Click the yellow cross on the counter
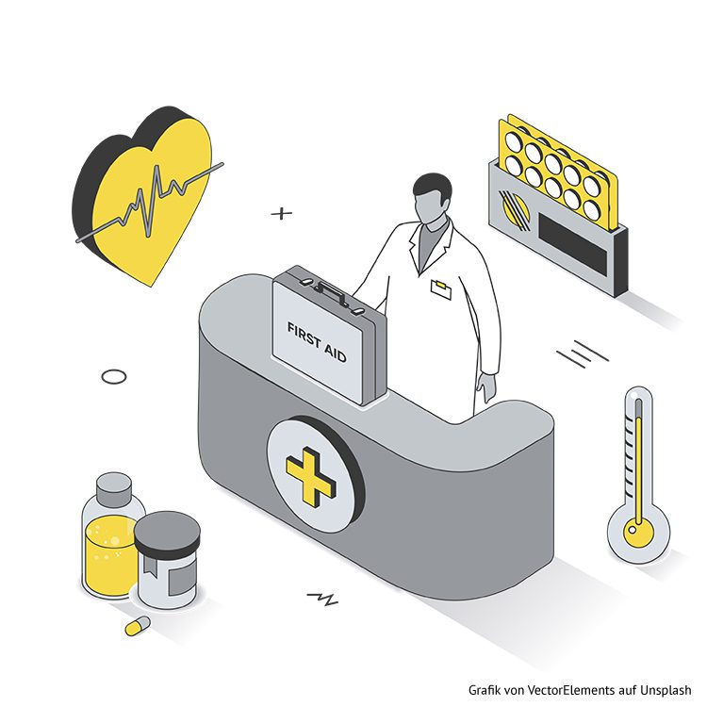coord(311,476)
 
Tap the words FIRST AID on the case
coord(317,343)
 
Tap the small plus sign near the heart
coord(282,213)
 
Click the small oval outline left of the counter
coord(114,376)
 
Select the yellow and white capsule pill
coord(138,626)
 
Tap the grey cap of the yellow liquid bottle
coord(114,488)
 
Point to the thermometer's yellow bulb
coord(638,531)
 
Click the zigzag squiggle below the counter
coord(322,599)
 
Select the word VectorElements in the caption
coord(570,689)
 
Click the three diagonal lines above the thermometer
coord(582,353)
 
